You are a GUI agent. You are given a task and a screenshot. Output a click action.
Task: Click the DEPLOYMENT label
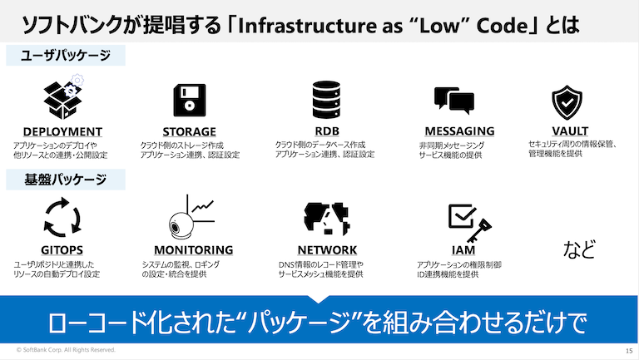(62, 131)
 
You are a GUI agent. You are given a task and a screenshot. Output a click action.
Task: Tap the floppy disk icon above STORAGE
(189, 101)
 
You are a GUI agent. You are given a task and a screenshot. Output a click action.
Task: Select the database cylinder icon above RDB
(325, 100)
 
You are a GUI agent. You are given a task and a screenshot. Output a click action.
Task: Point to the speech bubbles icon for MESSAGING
(453, 101)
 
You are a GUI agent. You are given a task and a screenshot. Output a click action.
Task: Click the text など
(581, 248)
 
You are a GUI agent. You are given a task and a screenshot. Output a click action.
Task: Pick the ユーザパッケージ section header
(66, 56)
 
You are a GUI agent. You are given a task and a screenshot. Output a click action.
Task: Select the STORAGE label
(189, 131)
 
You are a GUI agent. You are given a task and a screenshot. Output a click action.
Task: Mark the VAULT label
(570, 131)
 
